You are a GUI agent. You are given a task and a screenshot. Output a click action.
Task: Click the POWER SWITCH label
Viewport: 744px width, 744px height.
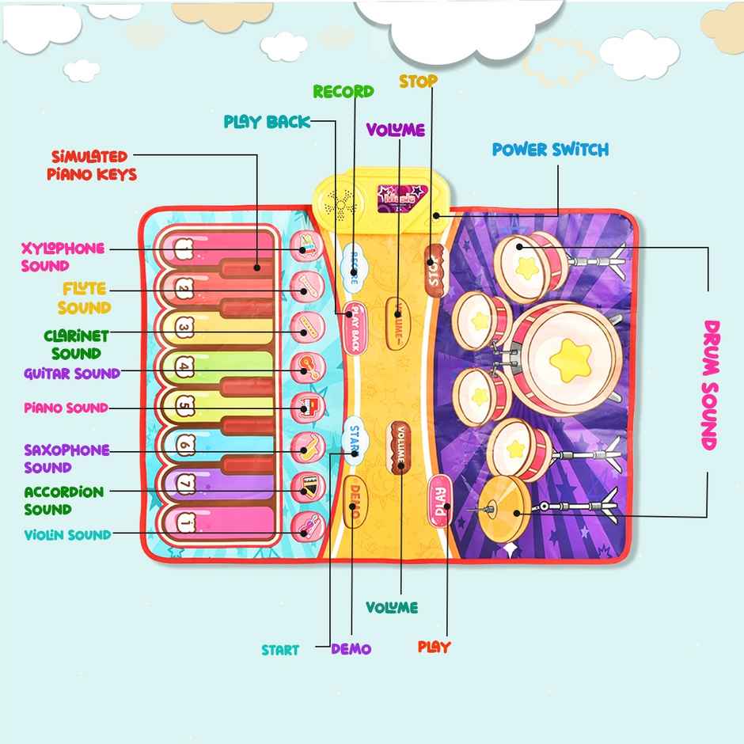tap(550, 150)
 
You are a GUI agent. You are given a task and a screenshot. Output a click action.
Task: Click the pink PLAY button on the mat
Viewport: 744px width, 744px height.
tap(441, 500)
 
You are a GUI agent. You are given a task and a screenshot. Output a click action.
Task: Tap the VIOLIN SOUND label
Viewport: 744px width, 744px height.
tap(67, 535)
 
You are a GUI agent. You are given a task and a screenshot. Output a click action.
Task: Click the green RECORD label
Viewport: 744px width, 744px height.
tap(343, 91)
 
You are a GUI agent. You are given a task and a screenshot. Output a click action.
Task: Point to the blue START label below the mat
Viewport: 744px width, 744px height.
tap(280, 650)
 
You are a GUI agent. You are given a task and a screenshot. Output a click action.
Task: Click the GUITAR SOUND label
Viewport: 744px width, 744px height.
tap(72, 373)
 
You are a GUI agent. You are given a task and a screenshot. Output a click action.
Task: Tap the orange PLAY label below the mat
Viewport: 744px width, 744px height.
tap(434, 647)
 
